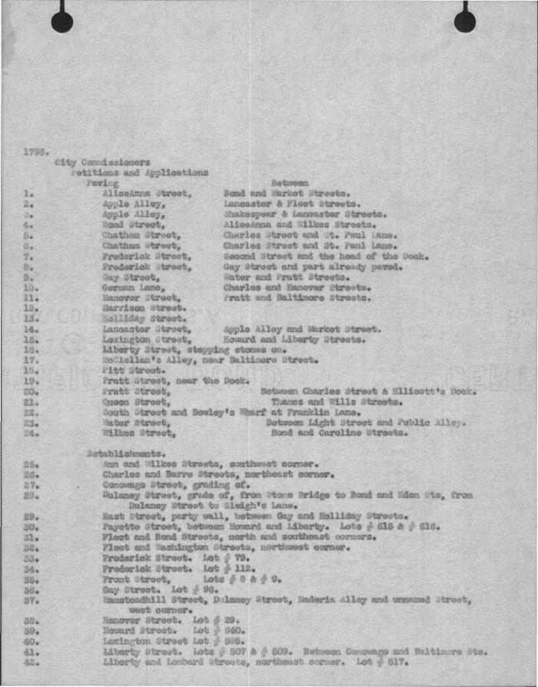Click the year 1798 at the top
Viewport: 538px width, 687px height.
point(36,151)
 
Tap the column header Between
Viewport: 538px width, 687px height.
point(290,184)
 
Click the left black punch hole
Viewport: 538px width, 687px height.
point(62,22)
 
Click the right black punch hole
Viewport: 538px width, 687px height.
point(465,22)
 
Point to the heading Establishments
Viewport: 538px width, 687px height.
point(121,453)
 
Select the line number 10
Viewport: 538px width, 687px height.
point(29,287)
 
